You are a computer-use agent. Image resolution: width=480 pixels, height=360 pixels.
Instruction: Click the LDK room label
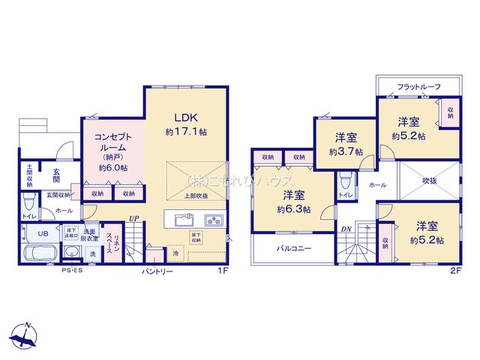[185, 118]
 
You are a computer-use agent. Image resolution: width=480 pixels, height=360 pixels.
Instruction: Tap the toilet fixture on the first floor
[28, 202]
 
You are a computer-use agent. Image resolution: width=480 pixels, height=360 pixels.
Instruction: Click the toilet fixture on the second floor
[344, 181]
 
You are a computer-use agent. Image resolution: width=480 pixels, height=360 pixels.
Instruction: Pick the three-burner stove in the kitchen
[213, 220]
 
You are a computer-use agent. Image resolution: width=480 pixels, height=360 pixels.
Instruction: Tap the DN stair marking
[346, 229]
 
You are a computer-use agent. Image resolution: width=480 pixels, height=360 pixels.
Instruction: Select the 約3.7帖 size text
[345, 151]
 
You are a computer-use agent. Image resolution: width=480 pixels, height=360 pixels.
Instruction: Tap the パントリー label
[157, 271]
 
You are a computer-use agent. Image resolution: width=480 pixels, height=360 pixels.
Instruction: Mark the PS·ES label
[72, 271]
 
